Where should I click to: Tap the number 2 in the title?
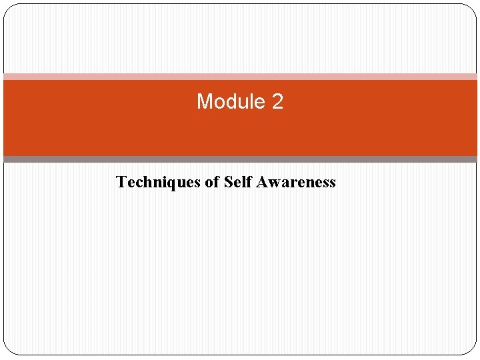click(277, 102)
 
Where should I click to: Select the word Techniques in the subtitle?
click(158, 182)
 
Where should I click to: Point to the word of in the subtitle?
click(213, 182)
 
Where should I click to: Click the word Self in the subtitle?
click(237, 182)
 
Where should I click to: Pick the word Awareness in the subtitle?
click(295, 182)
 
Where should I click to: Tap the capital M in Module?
click(205, 102)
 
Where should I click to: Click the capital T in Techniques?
click(121, 182)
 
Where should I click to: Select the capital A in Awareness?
click(260, 182)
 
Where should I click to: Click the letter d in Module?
click(235, 102)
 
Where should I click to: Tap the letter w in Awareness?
click(271, 183)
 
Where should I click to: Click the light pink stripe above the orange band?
click(240, 77)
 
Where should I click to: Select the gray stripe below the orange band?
click(240, 159)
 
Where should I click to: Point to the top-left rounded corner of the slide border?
click(8, 9)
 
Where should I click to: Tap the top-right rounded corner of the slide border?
click(472, 9)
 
